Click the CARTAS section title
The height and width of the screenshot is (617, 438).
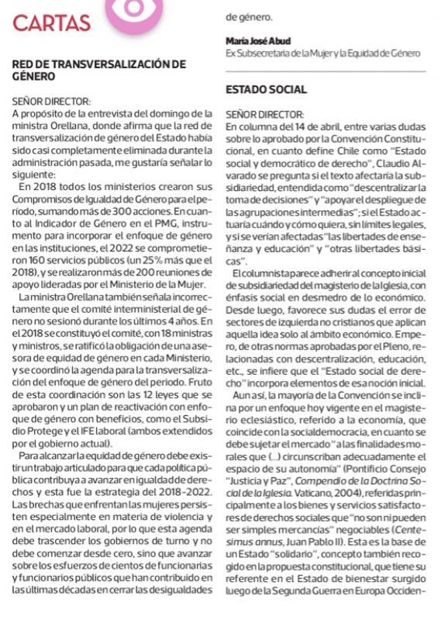[51, 23]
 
